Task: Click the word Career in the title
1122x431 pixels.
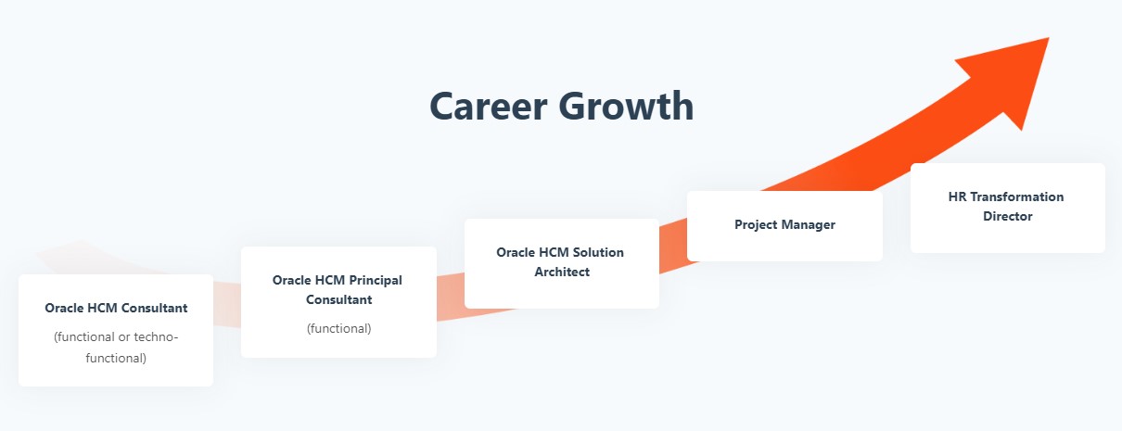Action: [489, 106]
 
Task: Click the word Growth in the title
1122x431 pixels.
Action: [626, 106]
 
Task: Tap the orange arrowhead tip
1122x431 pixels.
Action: [1049, 38]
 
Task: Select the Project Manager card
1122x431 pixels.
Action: [784, 226]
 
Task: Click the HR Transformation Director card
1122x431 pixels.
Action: [1008, 208]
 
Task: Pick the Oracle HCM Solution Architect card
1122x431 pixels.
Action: [562, 263]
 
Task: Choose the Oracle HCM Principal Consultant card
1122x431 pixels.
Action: [338, 302]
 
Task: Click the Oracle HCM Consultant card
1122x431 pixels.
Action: [116, 330]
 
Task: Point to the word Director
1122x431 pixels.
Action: [1008, 216]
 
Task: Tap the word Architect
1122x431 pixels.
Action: [562, 272]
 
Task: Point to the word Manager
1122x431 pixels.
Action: [810, 224]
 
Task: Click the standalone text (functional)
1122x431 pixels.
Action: [339, 328]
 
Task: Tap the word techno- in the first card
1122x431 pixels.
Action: [156, 336]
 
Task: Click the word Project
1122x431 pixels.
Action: [757, 224]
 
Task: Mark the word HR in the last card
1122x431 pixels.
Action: [957, 196]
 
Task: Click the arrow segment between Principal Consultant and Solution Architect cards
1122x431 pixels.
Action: [451, 298]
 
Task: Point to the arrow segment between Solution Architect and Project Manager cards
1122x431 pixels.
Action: [673, 247]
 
